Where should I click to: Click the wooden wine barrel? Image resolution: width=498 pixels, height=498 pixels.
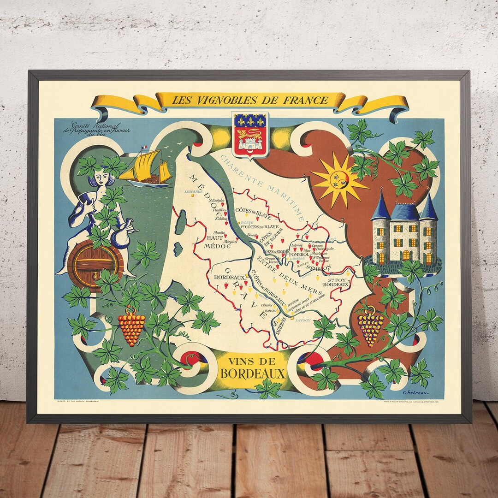pos(95,265)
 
